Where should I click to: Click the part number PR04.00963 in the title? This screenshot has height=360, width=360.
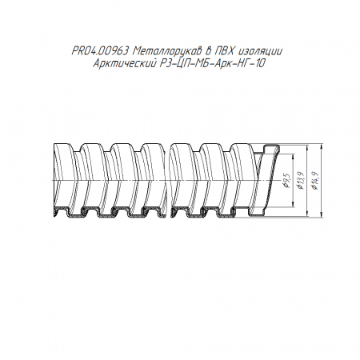tap(99, 51)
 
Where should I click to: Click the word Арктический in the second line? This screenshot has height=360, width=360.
tap(124, 64)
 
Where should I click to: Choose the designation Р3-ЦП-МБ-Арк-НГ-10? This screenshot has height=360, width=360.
tap(212, 64)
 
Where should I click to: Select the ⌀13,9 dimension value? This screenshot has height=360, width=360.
tap(301, 181)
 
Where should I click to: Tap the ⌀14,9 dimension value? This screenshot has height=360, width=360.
tap(315, 181)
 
